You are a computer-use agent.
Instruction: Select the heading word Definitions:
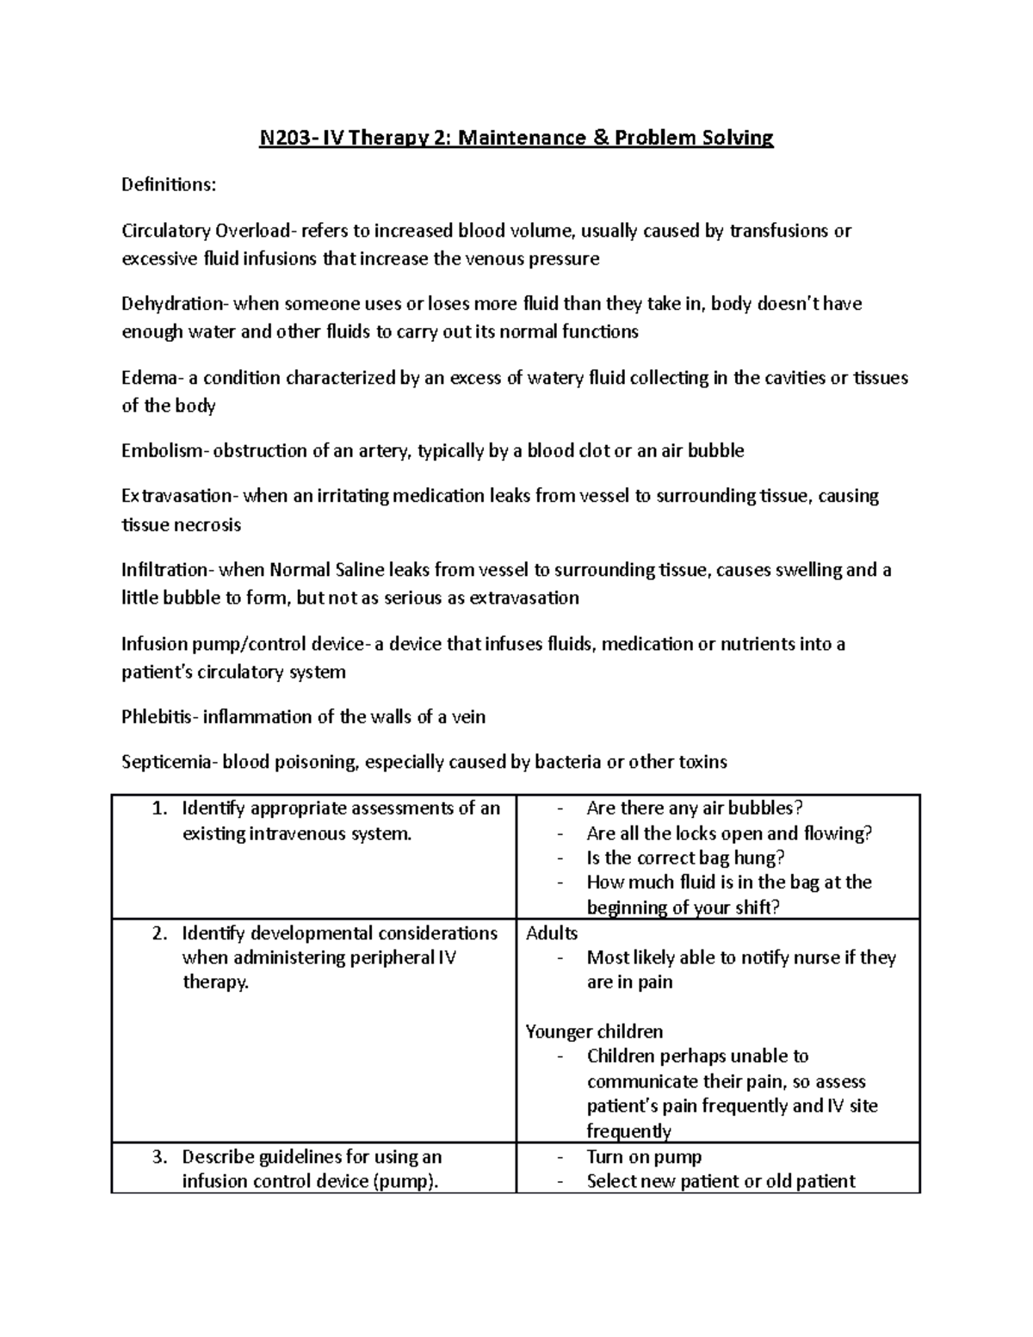coord(169,184)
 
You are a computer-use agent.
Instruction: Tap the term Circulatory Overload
coord(207,231)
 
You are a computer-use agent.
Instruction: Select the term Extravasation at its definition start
coord(176,496)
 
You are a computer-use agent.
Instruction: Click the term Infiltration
coord(164,570)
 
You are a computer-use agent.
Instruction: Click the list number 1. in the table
coord(158,808)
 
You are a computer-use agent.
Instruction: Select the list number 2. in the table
coord(158,933)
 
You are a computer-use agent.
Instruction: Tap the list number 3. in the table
coord(158,1157)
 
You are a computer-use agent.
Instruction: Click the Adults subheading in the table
coord(552,933)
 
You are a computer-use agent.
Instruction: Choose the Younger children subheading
coord(594,1031)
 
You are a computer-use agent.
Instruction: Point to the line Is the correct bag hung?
coord(685,858)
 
